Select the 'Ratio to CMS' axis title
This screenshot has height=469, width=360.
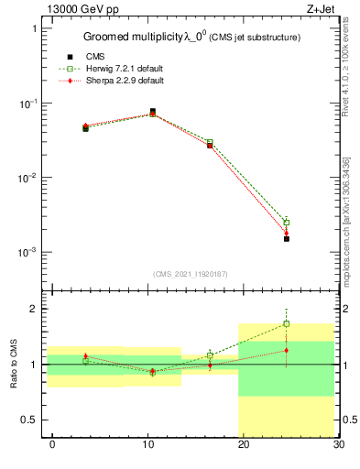point(15,364)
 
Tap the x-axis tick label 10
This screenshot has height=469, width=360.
point(147,445)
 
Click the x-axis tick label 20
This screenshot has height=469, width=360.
point(243,445)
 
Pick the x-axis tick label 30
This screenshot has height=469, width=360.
point(337,445)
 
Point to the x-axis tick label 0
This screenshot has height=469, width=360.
point(52,445)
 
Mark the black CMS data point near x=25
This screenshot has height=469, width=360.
point(286,238)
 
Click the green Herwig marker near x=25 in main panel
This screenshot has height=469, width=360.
point(286,222)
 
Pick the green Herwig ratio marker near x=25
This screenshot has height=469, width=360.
point(286,323)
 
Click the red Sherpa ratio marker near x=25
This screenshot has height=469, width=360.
point(286,350)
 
